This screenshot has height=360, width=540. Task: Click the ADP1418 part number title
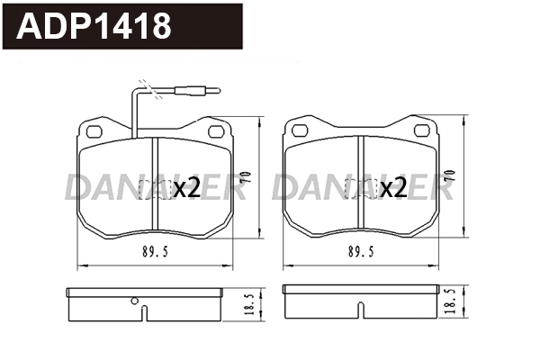pyautogui.click(x=94, y=27)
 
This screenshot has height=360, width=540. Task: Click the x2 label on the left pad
pyautogui.click(x=186, y=188)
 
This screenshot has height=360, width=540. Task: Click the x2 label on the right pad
pyautogui.click(x=393, y=188)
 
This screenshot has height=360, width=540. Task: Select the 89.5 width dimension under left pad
pyautogui.click(x=155, y=252)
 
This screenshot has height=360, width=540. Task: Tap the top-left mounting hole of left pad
pyautogui.click(x=95, y=130)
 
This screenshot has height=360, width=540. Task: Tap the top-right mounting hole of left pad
pyautogui.click(x=217, y=130)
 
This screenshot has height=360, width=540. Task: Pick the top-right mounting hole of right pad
pyautogui.click(x=421, y=130)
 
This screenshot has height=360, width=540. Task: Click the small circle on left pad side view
pyautogui.click(x=134, y=301)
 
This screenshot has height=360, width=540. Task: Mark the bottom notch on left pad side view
pyautogui.click(x=145, y=314)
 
